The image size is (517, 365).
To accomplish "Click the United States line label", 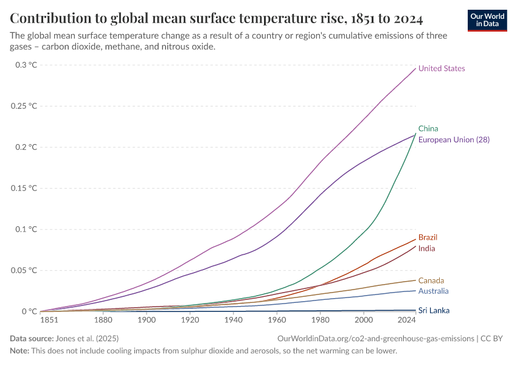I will point(442,69).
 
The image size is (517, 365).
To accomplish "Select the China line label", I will point(428,128).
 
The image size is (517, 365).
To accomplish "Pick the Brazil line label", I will point(428,237).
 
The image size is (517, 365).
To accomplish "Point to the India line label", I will point(427,249).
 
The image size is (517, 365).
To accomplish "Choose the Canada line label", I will point(431,280).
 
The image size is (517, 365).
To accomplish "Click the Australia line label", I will point(434,291).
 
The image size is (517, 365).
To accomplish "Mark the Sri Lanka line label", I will point(434,310).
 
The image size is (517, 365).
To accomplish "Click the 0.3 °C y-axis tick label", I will point(26,65).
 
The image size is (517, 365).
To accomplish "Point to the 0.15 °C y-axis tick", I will point(24,188).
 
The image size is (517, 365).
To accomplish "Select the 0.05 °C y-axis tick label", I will point(24,270).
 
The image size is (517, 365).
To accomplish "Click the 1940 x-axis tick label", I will point(234,320).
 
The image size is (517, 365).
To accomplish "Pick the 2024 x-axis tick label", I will point(406,320).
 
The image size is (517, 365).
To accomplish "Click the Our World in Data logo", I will point(487,20).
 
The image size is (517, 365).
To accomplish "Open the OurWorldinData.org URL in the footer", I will point(375,338).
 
